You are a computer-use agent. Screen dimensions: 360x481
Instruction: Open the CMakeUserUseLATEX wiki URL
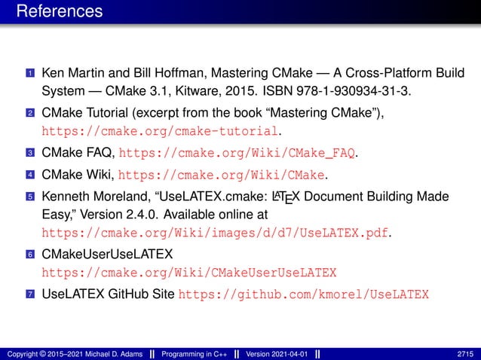click(x=188, y=272)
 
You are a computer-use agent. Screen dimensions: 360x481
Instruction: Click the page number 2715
click(x=465, y=353)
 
